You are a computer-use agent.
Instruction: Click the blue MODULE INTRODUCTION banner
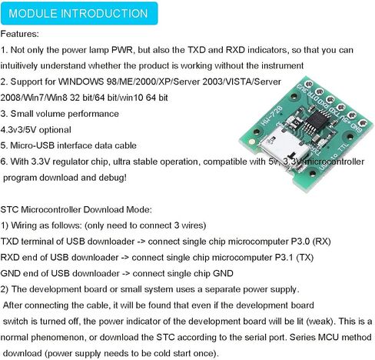click(x=79, y=13)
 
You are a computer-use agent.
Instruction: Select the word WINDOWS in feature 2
click(x=81, y=82)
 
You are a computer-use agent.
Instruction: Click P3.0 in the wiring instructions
click(x=300, y=242)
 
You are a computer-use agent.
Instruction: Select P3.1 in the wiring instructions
click(x=284, y=258)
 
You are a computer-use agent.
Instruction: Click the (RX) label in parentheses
click(x=321, y=242)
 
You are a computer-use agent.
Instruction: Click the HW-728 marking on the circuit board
click(x=271, y=115)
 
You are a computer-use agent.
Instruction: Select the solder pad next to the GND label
click(x=363, y=123)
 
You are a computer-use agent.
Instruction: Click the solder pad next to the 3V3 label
click(x=309, y=84)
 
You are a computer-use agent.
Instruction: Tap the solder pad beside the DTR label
click(x=320, y=92)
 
